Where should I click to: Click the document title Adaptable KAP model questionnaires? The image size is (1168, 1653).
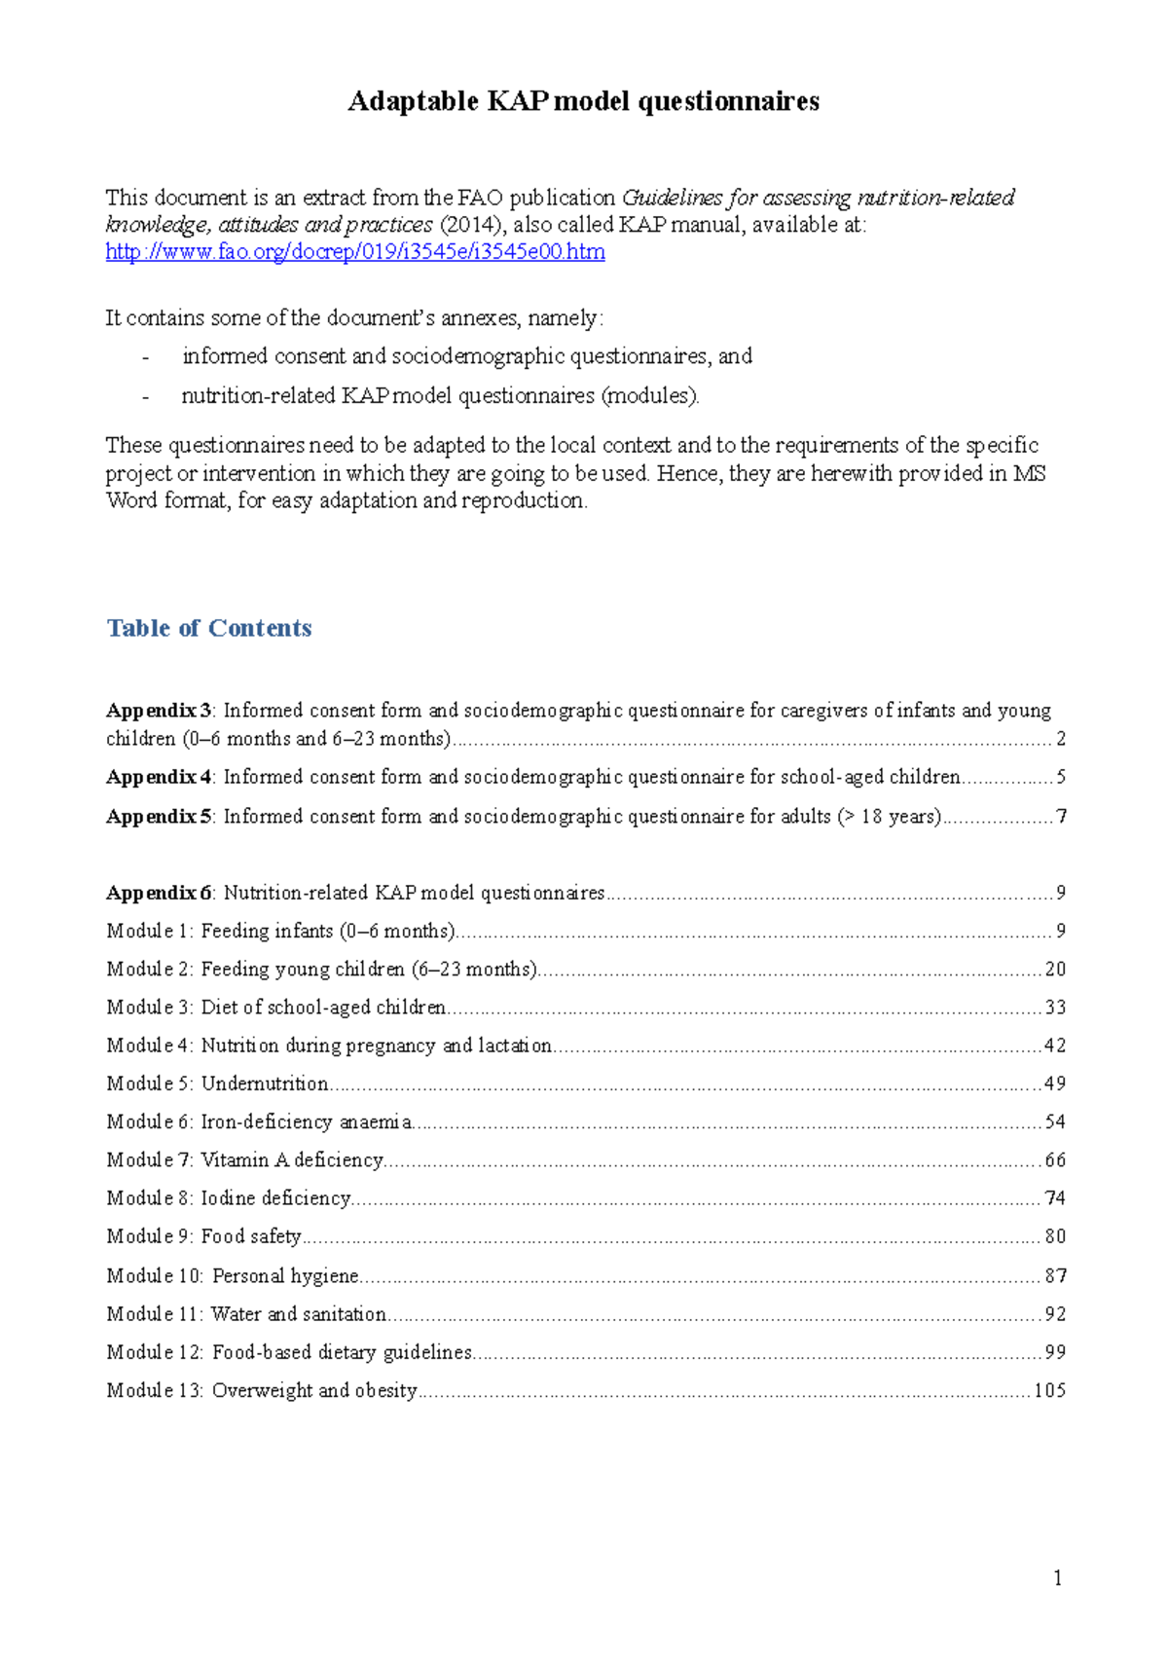(x=583, y=101)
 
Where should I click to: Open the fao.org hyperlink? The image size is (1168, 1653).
(x=355, y=252)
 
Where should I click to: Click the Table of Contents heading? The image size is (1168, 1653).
(x=209, y=628)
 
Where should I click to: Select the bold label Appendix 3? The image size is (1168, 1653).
(x=159, y=711)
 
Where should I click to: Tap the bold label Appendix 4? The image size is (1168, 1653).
(x=159, y=777)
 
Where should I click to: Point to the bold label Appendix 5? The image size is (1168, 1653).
(x=159, y=817)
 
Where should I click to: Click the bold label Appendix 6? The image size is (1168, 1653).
(x=159, y=893)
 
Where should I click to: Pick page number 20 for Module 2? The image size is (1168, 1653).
(x=1055, y=970)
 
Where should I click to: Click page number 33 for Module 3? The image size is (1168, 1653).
(x=1055, y=1008)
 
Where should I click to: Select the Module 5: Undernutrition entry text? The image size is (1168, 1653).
(x=217, y=1084)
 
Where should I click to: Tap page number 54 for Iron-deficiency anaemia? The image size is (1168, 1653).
(x=1055, y=1122)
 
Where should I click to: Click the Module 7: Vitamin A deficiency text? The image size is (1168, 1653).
(x=244, y=1160)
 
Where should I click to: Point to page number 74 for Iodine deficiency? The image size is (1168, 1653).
(x=1055, y=1198)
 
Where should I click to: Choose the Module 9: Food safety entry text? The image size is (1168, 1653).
(x=204, y=1236)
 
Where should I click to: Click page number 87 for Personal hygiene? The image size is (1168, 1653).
(x=1055, y=1276)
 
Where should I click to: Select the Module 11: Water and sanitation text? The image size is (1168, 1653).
(x=246, y=1314)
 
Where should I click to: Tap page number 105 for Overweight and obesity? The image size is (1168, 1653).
(x=1049, y=1391)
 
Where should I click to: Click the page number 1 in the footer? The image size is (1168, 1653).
(x=1057, y=1578)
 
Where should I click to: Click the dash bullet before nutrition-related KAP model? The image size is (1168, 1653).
(x=146, y=397)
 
